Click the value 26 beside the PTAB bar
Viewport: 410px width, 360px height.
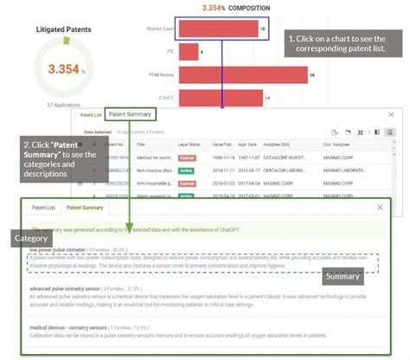coord(311,75)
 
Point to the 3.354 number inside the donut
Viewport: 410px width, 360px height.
coord(61,67)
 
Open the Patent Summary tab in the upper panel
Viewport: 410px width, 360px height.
coord(131,114)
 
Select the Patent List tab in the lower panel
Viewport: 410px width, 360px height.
coord(43,208)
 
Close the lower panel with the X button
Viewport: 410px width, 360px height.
coord(381,208)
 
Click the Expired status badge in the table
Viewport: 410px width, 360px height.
coord(187,158)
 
